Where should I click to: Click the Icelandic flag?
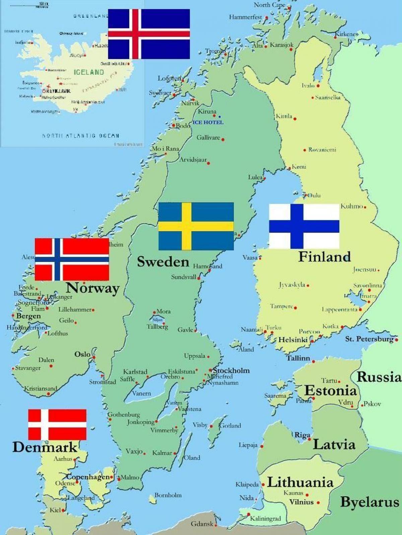coord(149,34)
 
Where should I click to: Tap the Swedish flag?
coord(196,226)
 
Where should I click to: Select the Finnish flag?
coord(304,226)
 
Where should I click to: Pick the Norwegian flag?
coord(72,259)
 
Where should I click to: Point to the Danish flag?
coord(57,424)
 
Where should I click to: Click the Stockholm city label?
coord(231,371)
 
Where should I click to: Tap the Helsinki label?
coord(293,340)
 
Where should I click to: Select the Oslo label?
coord(82,354)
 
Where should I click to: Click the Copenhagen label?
coord(88,477)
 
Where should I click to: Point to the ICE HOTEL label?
coord(208,122)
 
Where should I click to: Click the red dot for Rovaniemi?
coord(305,150)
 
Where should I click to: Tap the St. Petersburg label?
coord(369,339)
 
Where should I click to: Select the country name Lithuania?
coord(300,482)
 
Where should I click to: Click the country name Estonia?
coord(330,391)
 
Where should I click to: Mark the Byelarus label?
coord(370,502)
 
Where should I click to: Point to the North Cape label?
coord(269,5)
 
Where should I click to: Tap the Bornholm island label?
coord(168,495)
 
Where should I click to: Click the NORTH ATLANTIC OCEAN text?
coord(81,136)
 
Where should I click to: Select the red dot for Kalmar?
coord(175,453)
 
